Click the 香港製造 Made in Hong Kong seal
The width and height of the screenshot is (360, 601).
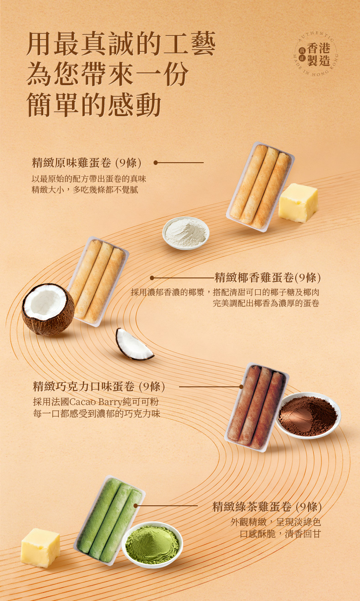point(315,54)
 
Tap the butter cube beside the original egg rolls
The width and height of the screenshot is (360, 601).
point(298,202)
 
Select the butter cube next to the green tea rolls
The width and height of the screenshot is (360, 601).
point(41,548)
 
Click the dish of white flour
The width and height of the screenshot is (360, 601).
point(185,233)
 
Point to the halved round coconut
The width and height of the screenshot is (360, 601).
point(48,309)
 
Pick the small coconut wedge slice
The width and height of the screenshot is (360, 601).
point(134,344)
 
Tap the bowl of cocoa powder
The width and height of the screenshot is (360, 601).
point(308,416)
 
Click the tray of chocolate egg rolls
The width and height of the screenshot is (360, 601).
point(256,407)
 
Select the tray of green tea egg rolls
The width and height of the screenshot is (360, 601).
point(109,520)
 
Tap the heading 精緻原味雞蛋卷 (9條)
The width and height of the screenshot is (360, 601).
point(87,163)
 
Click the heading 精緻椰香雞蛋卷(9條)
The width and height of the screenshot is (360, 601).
point(267,277)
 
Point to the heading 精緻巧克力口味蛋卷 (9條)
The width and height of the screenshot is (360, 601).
point(99,386)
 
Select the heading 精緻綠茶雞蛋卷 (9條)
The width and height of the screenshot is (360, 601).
point(267,507)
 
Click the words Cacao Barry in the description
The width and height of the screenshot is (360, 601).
point(96,402)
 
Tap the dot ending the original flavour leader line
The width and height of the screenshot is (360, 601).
point(155,163)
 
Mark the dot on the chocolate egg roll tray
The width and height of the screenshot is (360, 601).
point(241,387)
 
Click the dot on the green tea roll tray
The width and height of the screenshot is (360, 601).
point(135,506)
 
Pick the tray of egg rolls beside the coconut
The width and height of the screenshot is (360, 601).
point(98,282)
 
